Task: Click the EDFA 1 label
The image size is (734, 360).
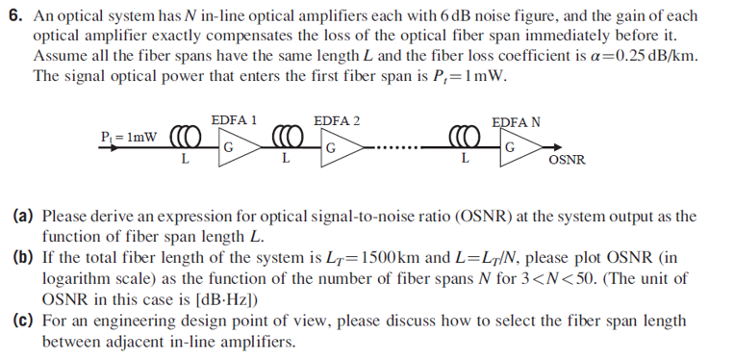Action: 234,120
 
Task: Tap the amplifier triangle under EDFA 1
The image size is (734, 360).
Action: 236,148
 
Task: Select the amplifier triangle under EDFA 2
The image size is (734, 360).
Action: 339,148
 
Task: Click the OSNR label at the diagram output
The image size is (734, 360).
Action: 567,161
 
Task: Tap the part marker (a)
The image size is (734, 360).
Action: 24,217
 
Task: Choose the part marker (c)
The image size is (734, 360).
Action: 24,324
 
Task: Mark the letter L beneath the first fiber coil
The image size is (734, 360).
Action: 184,159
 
